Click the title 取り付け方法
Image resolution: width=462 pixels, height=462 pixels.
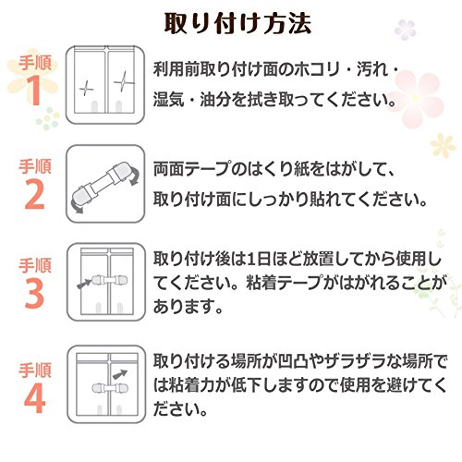(237, 23)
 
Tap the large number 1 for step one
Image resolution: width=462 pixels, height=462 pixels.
(35, 90)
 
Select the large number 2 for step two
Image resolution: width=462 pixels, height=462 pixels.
(34, 194)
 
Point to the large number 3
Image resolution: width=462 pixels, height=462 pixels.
(34, 294)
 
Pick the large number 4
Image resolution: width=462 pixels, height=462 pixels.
(35, 398)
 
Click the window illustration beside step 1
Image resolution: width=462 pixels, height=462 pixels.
(105, 85)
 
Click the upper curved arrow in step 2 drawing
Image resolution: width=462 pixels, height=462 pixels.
(135, 176)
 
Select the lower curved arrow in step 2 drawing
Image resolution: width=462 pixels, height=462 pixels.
(75, 206)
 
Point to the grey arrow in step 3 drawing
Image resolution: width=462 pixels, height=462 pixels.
(84, 284)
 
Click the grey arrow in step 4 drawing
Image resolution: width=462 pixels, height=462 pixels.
(120, 374)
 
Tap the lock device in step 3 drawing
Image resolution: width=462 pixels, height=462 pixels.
(110, 280)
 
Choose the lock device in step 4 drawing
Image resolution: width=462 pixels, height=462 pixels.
(110, 387)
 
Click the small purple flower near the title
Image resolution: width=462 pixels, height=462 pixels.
(406, 30)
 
